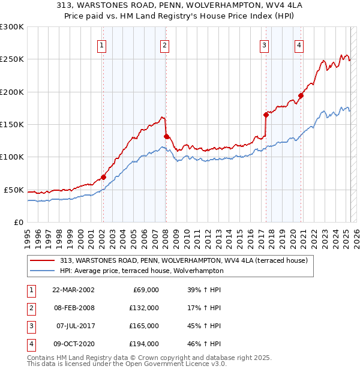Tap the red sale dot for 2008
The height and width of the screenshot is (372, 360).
click(x=166, y=136)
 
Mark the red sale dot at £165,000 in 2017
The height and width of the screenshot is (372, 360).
click(x=266, y=115)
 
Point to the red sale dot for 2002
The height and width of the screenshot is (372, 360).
click(x=103, y=177)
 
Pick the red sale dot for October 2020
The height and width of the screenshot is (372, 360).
click(x=301, y=95)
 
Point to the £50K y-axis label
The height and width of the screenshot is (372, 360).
click(x=14, y=190)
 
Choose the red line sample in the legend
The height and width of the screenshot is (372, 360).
click(x=43, y=260)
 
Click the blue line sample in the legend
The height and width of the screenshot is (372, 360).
click(x=43, y=271)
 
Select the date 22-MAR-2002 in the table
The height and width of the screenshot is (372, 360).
click(x=73, y=290)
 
